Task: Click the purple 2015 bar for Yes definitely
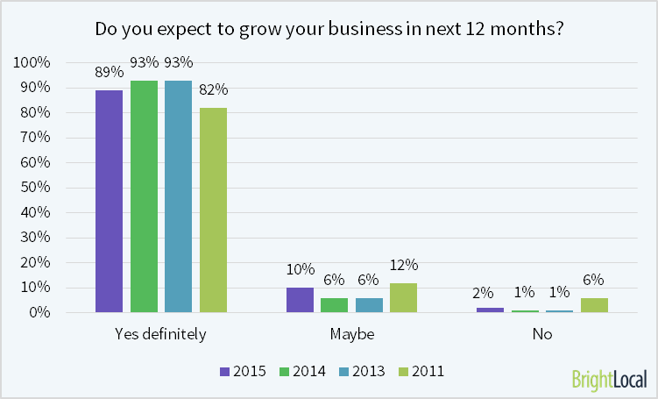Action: tap(110, 201)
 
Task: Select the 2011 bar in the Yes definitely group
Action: tap(213, 210)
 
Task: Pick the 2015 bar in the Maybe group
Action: tap(300, 300)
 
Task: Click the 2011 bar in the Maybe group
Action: tap(403, 297)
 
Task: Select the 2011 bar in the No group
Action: tap(593, 304)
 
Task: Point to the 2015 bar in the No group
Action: tap(490, 310)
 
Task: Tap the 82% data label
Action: tap(213, 89)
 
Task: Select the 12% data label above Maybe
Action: tap(404, 265)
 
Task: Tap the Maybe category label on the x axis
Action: tap(351, 335)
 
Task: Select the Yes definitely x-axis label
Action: tap(160, 335)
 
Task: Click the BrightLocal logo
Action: tap(609, 380)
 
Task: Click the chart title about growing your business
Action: tap(329, 28)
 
